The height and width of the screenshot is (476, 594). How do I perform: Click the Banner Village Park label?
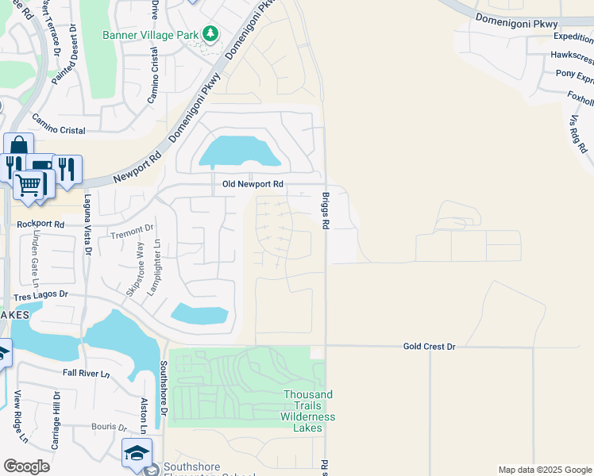pyautogui.click(x=152, y=35)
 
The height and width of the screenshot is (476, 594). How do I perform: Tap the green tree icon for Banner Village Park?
pyautogui.click(x=210, y=34)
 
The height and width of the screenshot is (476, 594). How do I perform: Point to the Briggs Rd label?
pyautogui.click(x=325, y=210)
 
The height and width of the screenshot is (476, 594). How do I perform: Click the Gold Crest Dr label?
pyautogui.click(x=429, y=346)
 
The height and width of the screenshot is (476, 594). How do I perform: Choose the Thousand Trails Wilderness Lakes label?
pyautogui.click(x=307, y=411)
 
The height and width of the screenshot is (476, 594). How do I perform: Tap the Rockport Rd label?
pyautogui.click(x=40, y=225)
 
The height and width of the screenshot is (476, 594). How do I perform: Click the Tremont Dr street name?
pyautogui.click(x=132, y=231)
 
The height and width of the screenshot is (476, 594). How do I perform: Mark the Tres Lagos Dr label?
pyautogui.click(x=41, y=296)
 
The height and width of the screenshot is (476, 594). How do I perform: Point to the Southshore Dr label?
pyautogui.click(x=163, y=389)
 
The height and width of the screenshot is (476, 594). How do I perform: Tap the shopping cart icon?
pyautogui.click(x=29, y=186)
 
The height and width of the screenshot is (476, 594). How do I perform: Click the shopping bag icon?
pyautogui.click(x=17, y=148)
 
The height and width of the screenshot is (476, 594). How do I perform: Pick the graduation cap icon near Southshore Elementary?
pyautogui.click(x=137, y=454)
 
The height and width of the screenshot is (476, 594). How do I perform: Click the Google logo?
pyautogui.click(x=26, y=466)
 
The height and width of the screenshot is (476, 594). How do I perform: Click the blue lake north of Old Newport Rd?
pyautogui.click(x=238, y=151)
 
